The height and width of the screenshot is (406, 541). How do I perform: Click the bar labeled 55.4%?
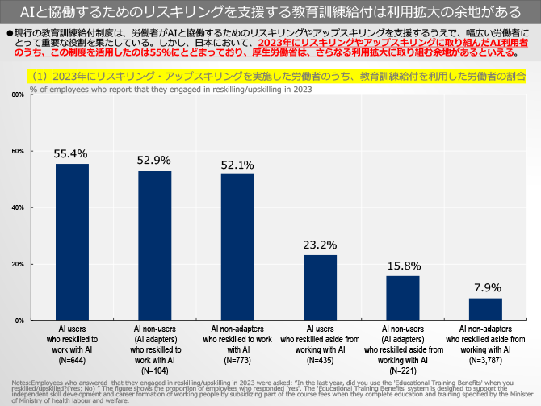[72, 242]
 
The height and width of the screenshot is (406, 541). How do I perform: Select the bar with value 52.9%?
[154, 245]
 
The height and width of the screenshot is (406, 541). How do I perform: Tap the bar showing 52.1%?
[237, 246]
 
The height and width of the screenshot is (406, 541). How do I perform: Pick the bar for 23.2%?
[321, 287]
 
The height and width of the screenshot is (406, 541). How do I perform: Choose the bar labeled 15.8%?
[403, 298]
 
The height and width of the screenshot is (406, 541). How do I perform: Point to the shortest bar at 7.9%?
[486, 309]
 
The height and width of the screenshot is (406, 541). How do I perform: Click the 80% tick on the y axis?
[18, 95]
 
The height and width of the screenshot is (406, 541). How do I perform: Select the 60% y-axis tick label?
[18, 152]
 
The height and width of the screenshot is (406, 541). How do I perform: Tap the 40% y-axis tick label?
[18, 208]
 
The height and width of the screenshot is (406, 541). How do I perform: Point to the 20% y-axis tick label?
[18, 265]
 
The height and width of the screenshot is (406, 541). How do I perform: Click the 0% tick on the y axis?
[19, 321]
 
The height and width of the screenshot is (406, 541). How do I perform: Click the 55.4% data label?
[72, 153]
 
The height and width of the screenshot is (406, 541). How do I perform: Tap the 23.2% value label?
[321, 244]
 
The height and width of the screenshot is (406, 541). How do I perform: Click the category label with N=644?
[72, 344]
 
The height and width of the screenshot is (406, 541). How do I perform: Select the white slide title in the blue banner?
[270, 12]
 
